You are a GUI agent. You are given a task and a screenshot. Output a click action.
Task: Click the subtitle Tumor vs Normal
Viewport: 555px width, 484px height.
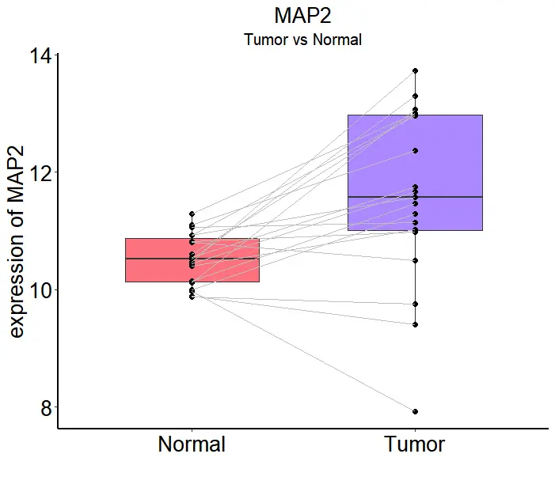[x=302, y=40]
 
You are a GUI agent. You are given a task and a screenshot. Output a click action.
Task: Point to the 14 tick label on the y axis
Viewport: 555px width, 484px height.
[x=40, y=56]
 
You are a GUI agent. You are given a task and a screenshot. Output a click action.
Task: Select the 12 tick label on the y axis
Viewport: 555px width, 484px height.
[x=40, y=173]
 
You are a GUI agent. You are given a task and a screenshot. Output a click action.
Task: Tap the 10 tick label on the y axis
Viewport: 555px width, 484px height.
[x=40, y=290]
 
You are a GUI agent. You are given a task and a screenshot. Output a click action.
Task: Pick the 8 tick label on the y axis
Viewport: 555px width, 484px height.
[x=46, y=408]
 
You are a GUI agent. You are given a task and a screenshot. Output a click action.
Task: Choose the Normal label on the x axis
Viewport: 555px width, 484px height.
[x=192, y=444]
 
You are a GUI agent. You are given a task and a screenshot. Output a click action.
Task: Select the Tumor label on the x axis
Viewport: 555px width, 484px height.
[x=415, y=444]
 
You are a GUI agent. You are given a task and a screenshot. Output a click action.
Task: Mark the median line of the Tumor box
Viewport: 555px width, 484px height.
[x=459, y=196]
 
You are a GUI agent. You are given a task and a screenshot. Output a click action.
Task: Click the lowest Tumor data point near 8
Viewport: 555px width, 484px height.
[x=415, y=411]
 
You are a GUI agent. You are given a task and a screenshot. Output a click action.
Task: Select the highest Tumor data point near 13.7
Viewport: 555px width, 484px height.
[x=415, y=71]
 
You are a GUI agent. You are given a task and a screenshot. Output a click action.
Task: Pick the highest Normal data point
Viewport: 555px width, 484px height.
[x=192, y=214]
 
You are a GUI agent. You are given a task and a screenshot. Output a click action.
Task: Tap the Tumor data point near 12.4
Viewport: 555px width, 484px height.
[x=415, y=150]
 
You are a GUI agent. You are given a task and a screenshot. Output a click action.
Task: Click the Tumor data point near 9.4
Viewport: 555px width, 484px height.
[x=415, y=324]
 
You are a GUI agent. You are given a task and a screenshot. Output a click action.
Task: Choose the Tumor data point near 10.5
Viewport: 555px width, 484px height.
[x=415, y=260]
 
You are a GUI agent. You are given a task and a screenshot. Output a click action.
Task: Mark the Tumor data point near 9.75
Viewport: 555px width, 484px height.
[x=415, y=304]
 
